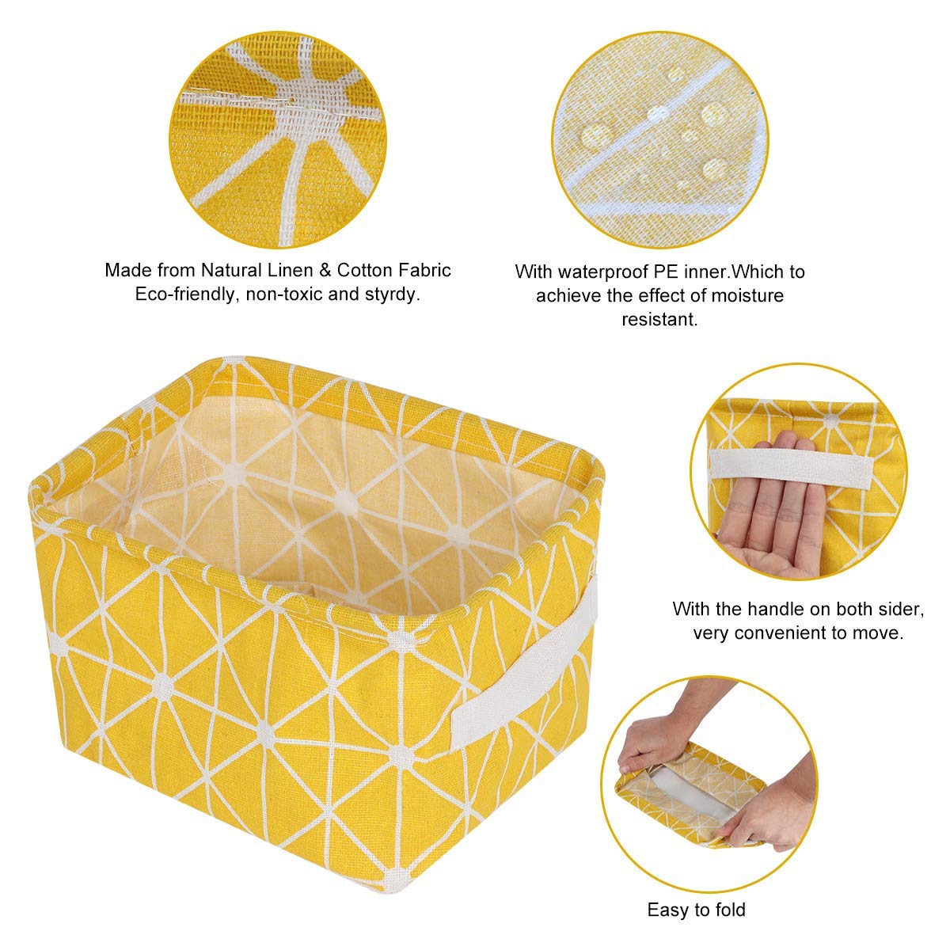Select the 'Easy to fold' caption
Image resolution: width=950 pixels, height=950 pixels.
(696, 910)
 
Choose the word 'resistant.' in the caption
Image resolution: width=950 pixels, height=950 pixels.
(659, 320)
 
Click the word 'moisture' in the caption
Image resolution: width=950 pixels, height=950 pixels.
(746, 296)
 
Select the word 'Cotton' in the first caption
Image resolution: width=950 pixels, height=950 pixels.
(364, 270)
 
